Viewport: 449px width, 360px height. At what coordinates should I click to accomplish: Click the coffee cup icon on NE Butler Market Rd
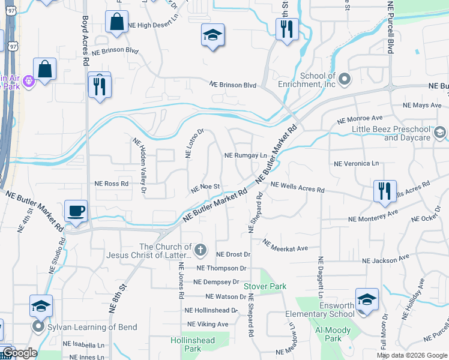tap(76, 211)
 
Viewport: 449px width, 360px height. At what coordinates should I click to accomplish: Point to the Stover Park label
tap(265, 286)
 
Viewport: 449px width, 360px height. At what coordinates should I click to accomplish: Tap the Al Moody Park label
tap(337, 334)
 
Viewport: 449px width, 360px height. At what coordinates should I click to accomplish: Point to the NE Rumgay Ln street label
tap(245, 155)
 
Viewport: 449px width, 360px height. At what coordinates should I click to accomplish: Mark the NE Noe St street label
tap(206, 188)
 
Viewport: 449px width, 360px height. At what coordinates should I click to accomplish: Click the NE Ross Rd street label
tap(112, 184)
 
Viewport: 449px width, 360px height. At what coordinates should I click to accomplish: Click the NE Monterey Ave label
tap(373, 216)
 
